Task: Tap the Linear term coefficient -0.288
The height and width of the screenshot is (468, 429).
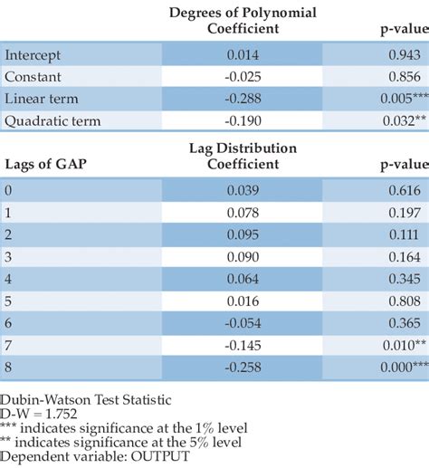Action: [243, 99]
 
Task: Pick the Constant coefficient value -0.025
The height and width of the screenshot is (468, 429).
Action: [243, 77]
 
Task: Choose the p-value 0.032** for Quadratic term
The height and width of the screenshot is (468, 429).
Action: [394, 119]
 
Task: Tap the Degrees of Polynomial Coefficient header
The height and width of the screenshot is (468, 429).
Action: [243, 21]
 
